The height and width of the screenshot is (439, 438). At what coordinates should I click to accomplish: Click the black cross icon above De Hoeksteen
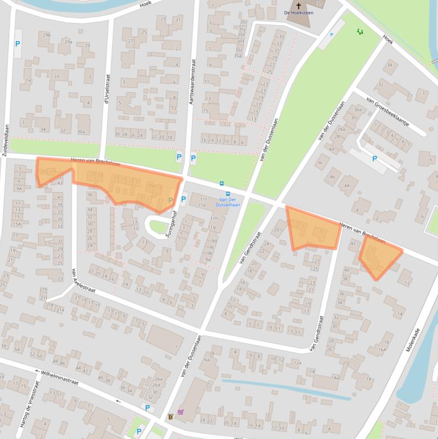(298, 6)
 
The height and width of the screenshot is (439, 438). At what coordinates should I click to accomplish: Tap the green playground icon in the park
(359, 31)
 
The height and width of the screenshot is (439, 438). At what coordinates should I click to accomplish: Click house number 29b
(46, 35)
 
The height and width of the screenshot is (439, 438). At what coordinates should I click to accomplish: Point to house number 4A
(346, 185)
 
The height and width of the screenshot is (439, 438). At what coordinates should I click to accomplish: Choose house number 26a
(158, 379)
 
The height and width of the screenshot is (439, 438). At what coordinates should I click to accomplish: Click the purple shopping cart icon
(181, 412)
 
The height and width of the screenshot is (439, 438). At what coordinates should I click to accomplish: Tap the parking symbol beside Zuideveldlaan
(17, 44)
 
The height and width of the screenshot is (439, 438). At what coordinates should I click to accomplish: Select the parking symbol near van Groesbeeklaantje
(374, 159)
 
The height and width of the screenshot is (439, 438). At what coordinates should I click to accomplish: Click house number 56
(5, 345)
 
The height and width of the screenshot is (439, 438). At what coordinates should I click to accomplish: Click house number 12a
(297, 363)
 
